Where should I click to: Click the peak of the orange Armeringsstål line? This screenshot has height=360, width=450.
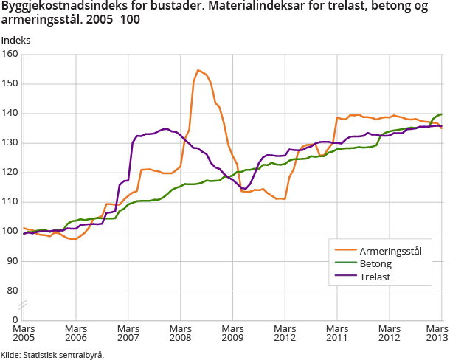coord(198,70)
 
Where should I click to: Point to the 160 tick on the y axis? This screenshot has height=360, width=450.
coord(10,54)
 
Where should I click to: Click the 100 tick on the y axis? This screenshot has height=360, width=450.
coord(10,231)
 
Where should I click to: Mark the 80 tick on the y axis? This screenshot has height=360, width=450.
coord(12,290)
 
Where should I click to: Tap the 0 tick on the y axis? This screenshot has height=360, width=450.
coord(15,319)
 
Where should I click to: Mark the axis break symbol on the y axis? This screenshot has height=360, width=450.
coord(23,304)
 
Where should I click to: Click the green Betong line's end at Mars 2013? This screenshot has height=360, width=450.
coord(441,114)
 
